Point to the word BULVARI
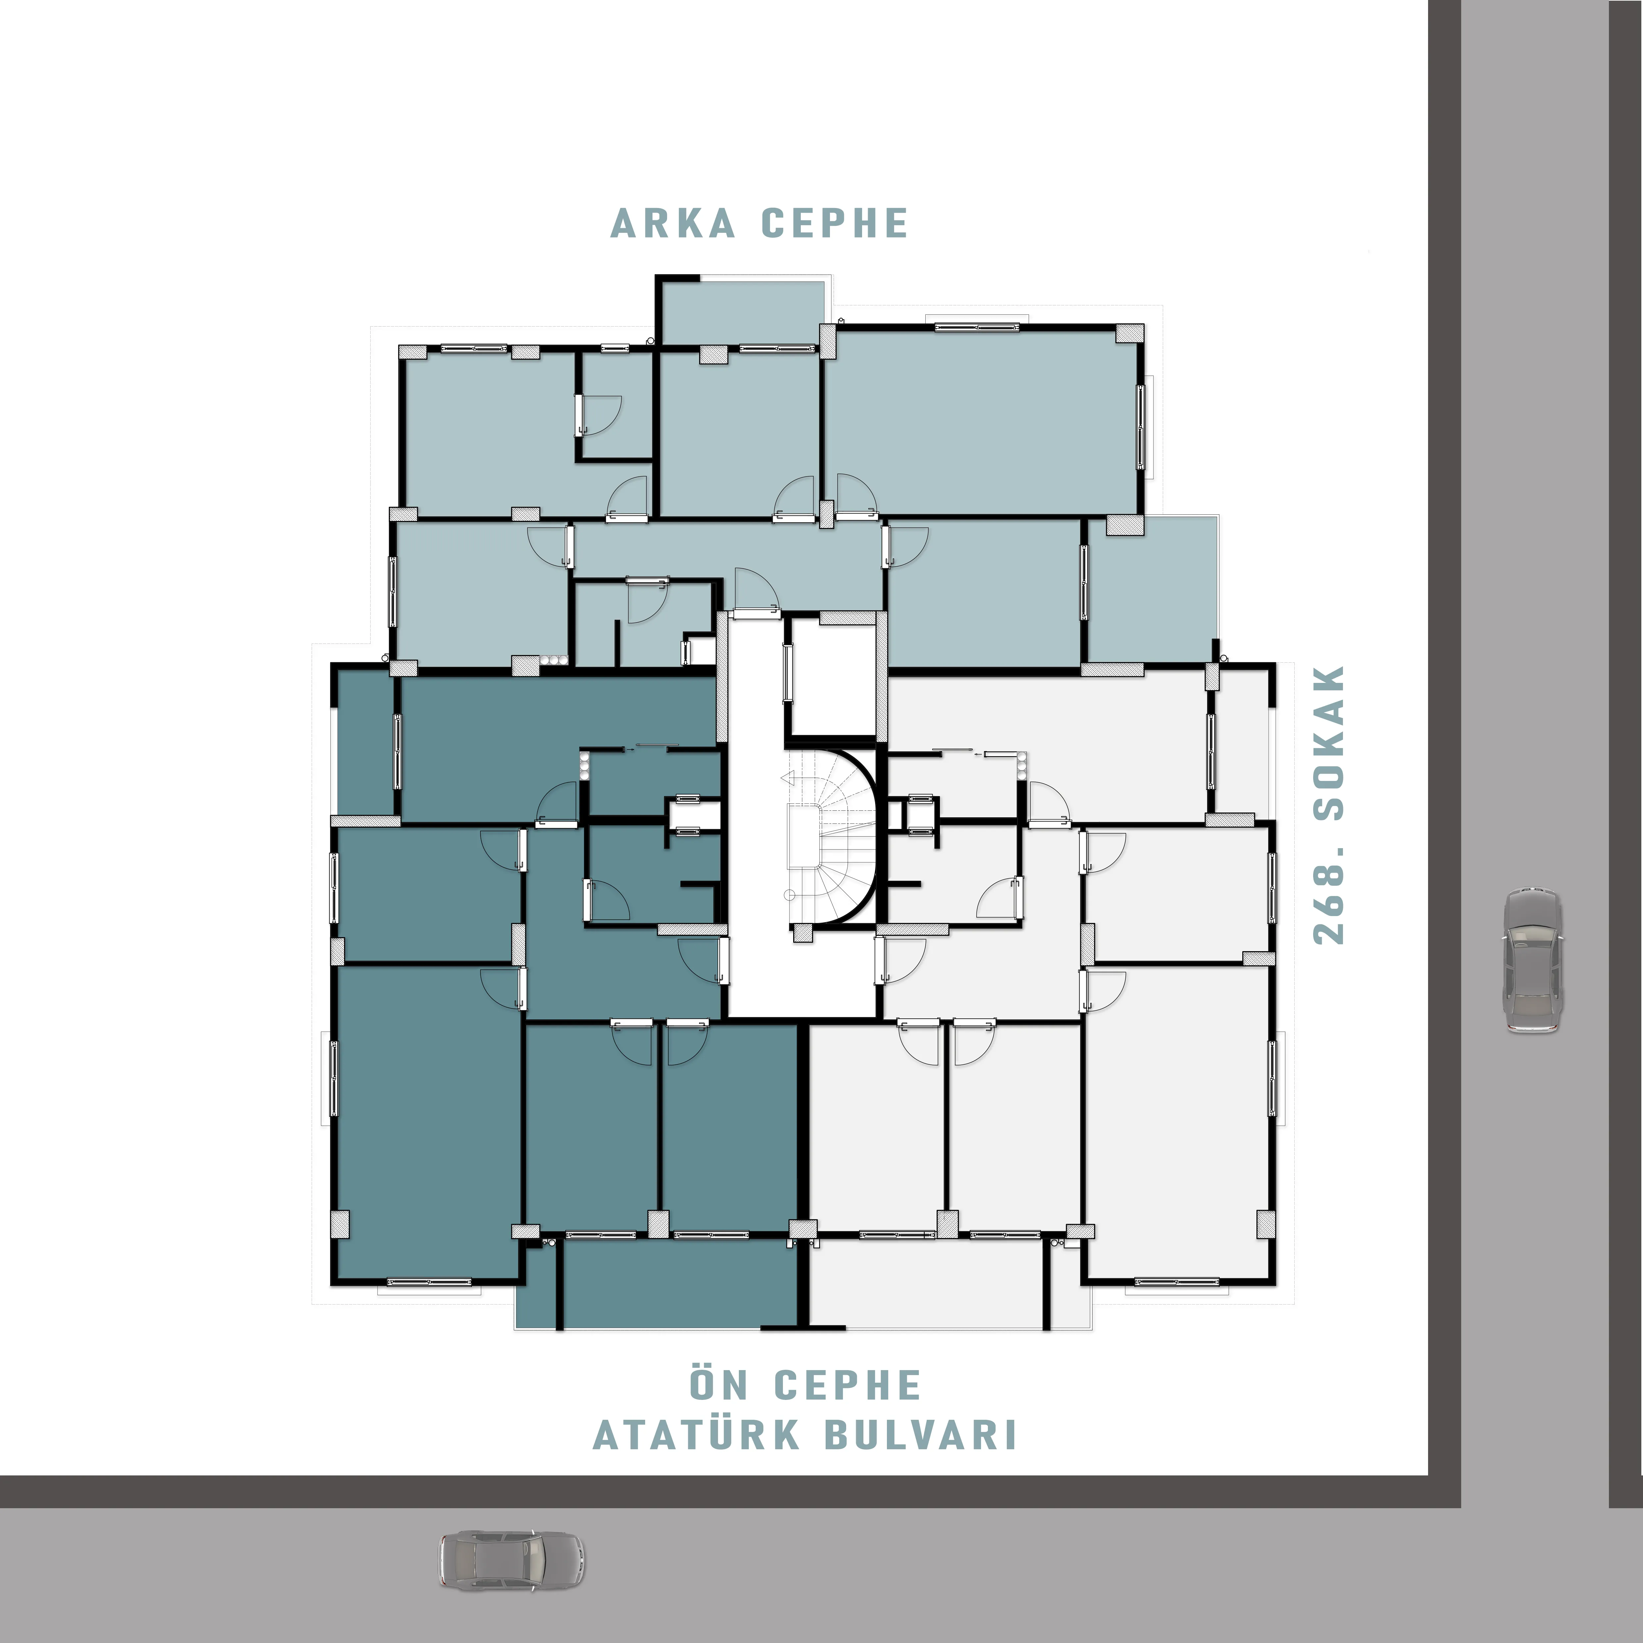coord(921,1435)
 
